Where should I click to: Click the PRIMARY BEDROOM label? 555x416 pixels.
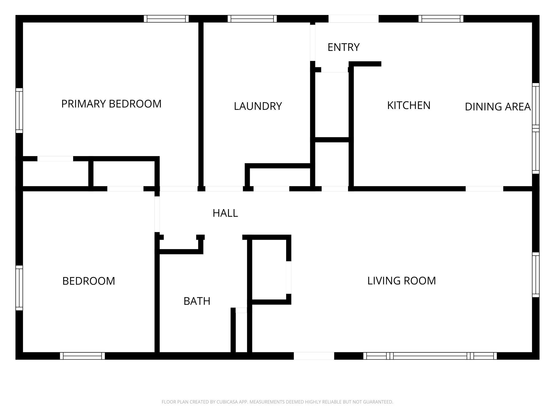(x=111, y=104)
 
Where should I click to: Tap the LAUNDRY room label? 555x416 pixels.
(x=258, y=106)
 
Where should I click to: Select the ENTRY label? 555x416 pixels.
(x=343, y=47)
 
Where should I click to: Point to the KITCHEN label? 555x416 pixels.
(x=409, y=105)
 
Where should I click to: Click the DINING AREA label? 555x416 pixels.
(x=498, y=107)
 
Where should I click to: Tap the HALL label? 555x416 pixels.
(x=225, y=213)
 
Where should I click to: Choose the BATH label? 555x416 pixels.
(x=197, y=301)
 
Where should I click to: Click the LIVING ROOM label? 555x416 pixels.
(x=401, y=281)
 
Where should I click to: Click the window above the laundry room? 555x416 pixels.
(x=252, y=19)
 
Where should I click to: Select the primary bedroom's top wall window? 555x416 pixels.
(x=166, y=19)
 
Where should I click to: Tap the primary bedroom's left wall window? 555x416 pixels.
(x=19, y=110)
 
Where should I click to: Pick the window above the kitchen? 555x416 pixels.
(x=441, y=19)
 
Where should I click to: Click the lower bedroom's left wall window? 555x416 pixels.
(x=19, y=288)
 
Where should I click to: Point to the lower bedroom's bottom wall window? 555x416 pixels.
(x=82, y=356)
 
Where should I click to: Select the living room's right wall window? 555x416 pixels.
(x=536, y=275)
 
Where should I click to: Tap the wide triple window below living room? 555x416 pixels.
(x=430, y=356)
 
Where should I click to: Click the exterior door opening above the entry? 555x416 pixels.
(x=353, y=19)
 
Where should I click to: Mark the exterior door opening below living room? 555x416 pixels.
(x=314, y=356)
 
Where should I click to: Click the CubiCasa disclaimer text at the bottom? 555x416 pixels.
(x=277, y=402)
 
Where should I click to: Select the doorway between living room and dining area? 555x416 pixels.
(x=484, y=189)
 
